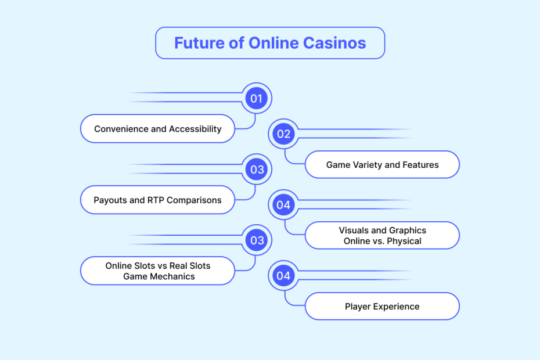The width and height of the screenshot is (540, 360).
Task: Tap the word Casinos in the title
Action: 334,43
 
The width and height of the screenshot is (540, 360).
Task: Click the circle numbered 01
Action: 256,99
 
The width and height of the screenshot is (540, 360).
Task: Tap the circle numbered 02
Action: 283,134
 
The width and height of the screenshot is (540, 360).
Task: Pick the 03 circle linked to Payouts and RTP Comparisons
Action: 257,170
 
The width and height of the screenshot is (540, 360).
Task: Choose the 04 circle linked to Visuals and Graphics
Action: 283,205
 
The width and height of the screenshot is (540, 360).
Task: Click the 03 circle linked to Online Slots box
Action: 257,240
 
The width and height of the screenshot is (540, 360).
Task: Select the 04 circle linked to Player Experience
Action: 283,276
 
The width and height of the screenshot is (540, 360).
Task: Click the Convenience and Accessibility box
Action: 158,128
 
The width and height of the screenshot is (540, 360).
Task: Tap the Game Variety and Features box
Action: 382,165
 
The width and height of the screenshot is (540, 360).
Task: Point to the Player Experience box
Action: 382,306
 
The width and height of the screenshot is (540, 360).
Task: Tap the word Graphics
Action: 408,231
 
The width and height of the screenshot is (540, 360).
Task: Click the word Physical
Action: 404,241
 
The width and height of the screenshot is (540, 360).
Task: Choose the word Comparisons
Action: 194,200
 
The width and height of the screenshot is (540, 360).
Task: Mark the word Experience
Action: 397,307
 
